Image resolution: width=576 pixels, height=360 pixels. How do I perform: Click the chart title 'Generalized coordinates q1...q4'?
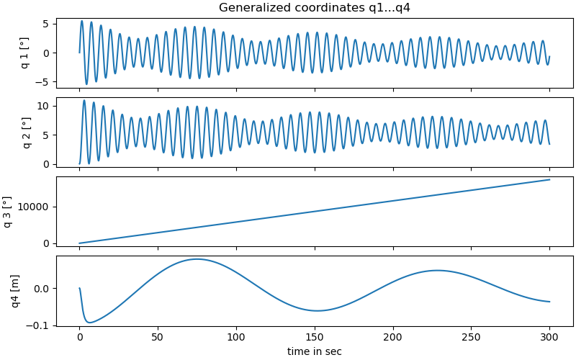(x=314, y=8)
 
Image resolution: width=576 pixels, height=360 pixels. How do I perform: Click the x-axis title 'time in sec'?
(x=315, y=351)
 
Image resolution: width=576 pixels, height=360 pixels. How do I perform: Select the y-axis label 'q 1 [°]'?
(x=25, y=53)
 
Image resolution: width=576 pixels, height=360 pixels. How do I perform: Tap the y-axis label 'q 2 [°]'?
(x=25, y=132)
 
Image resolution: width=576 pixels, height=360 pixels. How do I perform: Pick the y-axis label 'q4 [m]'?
(x=16, y=291)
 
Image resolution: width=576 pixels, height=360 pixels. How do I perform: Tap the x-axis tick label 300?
(x=549, y=337)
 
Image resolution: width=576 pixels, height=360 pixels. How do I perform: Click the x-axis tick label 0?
(x=79, y=337)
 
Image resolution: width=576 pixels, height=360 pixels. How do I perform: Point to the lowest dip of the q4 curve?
(x=89, y=322)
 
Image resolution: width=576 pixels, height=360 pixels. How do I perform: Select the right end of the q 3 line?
(x=550, y=179)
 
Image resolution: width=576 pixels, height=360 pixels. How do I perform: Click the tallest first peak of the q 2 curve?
(x=84, y=100)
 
